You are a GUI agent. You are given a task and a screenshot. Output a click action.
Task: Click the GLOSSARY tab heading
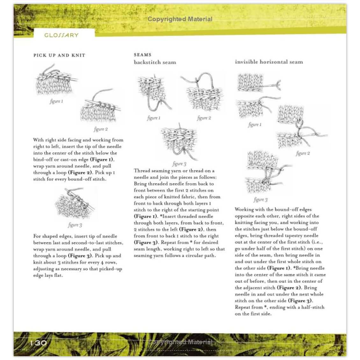(x=61, y=35)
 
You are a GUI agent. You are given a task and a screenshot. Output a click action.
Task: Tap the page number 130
(x=39, y=343)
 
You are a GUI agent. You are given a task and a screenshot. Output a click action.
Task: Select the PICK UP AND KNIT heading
(x=59, y=55)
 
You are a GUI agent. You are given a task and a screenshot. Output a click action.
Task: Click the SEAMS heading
(x=142, y=55)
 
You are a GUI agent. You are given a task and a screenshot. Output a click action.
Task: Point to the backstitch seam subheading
(x=155, y=62)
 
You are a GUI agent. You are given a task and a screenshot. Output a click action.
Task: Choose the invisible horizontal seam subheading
(x=269, y=62)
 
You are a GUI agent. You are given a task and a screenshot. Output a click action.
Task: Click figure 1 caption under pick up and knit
(x=56, y=101)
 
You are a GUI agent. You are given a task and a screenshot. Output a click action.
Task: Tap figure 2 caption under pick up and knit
(x=101, y=129)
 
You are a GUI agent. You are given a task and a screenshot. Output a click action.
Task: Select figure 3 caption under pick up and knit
(x=75, y=225)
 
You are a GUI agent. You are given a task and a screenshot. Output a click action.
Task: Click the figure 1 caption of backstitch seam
(x=154, y=118)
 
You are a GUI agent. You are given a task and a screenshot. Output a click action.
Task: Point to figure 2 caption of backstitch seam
(x=204, y=118)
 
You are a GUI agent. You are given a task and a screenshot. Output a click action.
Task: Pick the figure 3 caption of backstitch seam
(x=179, y=164)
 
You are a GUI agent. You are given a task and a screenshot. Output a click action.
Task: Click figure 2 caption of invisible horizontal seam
(x=303, y=153)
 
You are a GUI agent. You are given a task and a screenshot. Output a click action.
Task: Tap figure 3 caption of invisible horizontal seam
(x=261, y=200)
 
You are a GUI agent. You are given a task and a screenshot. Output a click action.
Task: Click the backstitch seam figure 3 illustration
(x=179, y=142)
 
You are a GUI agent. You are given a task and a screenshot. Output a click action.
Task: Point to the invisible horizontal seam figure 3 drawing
(x=268, y=174)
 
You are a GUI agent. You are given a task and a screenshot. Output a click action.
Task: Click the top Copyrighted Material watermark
(x=180, y=19)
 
